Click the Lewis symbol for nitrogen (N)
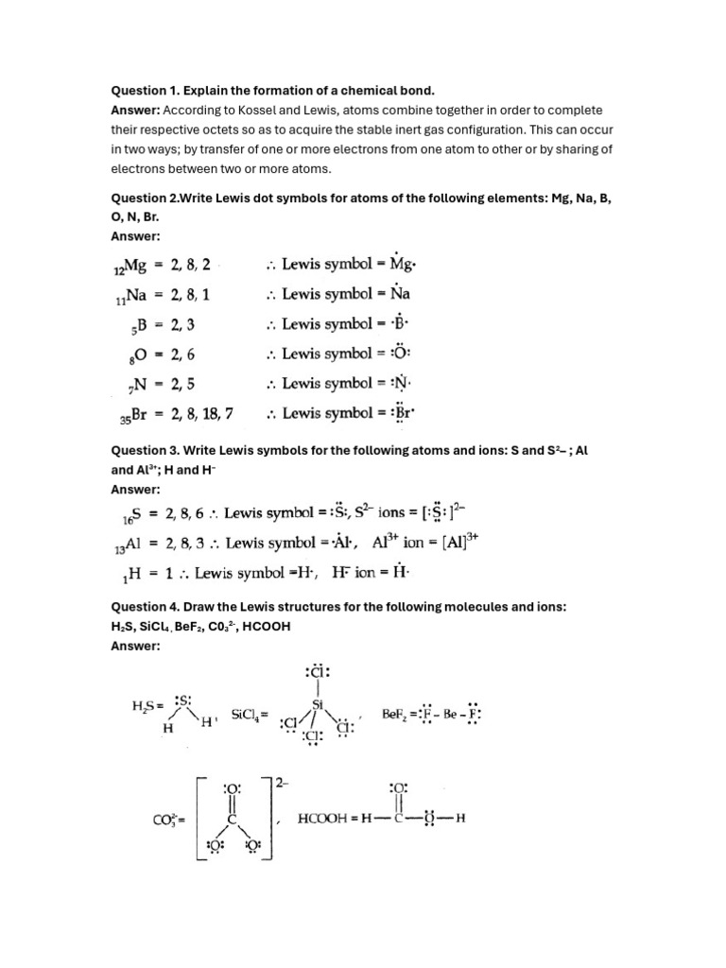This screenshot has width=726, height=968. [403, 383]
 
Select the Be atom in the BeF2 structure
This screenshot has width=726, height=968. [442, 714]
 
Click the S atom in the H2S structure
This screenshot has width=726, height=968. [185, 701]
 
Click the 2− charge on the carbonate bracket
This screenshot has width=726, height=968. [282, 781]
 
